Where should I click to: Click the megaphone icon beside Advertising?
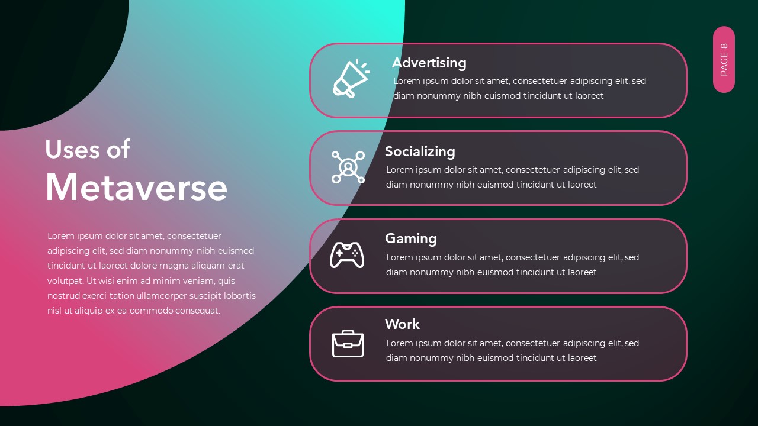click(350, 79)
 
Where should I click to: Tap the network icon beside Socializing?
click(348, 167)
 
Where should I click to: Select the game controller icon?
click(347, 255)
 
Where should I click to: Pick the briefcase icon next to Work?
click(348, 344)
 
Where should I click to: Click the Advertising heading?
click(429, 63)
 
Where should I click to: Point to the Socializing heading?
click(420, 151)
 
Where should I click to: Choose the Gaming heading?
click(410, 238)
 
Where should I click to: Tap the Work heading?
click(402, 324)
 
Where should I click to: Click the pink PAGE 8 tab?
click(724, 59)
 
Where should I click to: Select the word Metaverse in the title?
click(136, 188)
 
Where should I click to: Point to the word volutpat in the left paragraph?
click(65, 281)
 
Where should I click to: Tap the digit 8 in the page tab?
click(724, 47)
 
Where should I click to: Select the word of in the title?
click(118, 149)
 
